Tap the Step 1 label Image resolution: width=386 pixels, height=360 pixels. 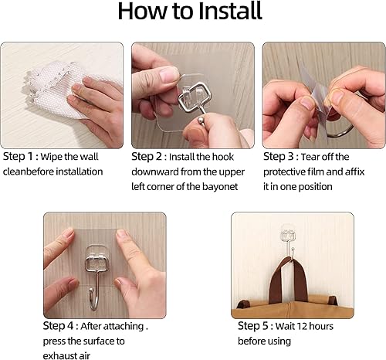tap(18, 156)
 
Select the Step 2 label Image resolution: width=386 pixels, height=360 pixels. tap(147, 156)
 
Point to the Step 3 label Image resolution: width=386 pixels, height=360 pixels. tap(278, 156)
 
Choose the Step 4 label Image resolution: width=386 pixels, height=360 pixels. tap(58, 326)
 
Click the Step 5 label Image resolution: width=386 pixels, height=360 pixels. tap(253, 326)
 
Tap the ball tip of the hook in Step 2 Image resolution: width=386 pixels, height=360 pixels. tap(201, 121)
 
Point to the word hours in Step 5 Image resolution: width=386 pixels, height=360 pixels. tap(321, 326)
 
